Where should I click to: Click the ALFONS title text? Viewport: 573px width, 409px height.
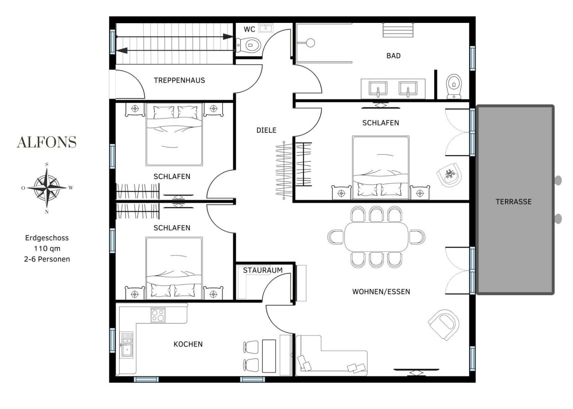(x=47, y=142)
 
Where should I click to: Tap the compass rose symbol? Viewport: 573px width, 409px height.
(x=47, y=188)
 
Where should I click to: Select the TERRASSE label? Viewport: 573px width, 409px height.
(x=514, y=202)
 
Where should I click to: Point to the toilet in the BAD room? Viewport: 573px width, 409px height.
(x=454, y=86)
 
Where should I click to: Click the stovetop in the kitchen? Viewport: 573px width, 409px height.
(x=158, y=315)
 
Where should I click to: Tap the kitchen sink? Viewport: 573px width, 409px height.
(x=127, y=345)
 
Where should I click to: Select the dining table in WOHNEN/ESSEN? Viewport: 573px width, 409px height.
(x=376, y=237)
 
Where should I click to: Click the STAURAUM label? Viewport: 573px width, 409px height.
(x=263, y=270)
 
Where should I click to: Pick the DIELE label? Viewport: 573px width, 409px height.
(x=266, y=130)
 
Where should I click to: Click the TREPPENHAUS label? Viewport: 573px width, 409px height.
(x=179, y=80)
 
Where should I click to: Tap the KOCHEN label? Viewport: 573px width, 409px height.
(x=188, y=344)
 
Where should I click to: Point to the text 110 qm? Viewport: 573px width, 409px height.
(x=47, y=249)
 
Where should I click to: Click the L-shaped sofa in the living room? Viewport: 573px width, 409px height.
(x=332, y=356)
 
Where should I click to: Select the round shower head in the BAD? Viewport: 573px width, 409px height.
(x=310, y=43)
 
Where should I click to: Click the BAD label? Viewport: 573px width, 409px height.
(x=393, y=56)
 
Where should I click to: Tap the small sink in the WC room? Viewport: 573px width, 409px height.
(x=266, y=28)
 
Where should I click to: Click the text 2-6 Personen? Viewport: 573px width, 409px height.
(x=47, y=259)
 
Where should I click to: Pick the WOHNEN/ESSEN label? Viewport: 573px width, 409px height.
(x=381, y=292)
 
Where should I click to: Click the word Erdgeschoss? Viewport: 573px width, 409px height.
(x=47, y=238)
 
